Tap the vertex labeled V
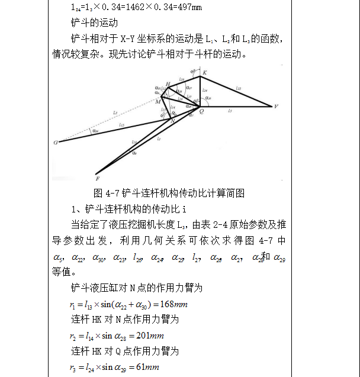pos(276,107)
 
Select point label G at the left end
pos(55,143)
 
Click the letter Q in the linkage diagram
pos(203,111)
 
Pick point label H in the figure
pos(168,83)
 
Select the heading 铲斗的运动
pos(94,24)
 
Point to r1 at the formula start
pos(72,305)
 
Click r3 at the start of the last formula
pos(72,368)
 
